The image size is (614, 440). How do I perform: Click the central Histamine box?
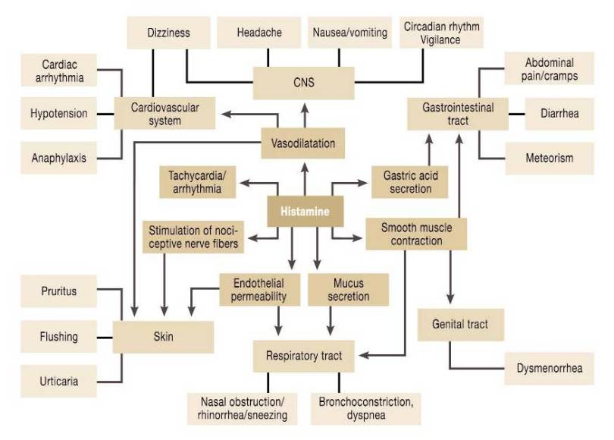(305, 212)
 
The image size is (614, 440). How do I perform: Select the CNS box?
(305, 83)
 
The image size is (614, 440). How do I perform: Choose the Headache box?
(259, 33)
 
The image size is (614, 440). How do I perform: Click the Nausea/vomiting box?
(349, 33)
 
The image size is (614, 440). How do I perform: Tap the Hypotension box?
(58, 114)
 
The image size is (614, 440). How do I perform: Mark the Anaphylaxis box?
(58, 159)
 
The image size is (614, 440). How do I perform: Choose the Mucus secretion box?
(348, 290)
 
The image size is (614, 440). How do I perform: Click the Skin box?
(162, 337)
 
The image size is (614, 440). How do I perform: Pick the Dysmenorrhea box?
(549, 369)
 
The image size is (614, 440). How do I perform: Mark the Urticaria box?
(58, 381)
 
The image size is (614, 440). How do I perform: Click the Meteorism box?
(549, 159)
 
